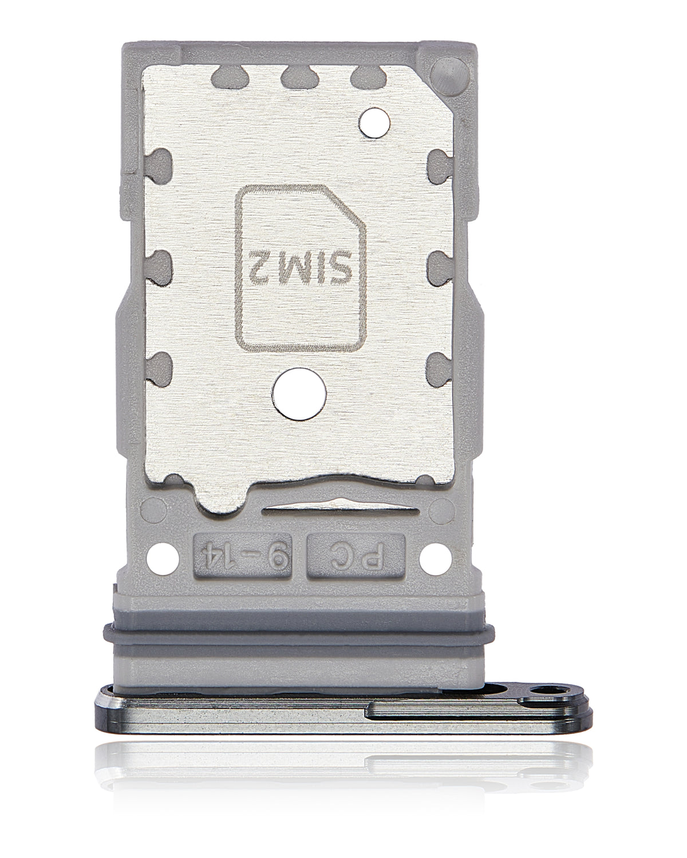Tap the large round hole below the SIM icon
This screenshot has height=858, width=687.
coord(299,394)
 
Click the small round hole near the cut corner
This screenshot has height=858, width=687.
coord(374,124)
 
